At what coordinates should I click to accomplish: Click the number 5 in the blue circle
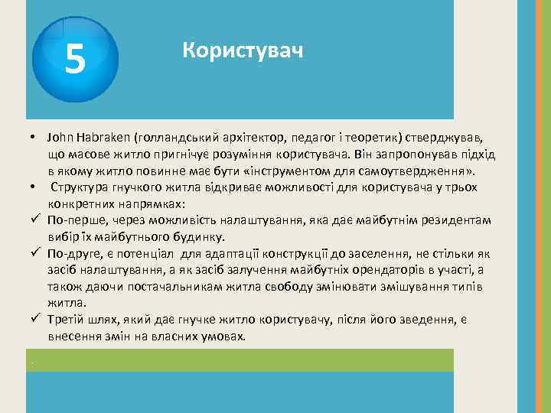coord(74,58)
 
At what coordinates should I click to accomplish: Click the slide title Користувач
coord(243,51)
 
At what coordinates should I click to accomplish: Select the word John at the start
coord(57,138)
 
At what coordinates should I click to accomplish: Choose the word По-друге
coord(72,254)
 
